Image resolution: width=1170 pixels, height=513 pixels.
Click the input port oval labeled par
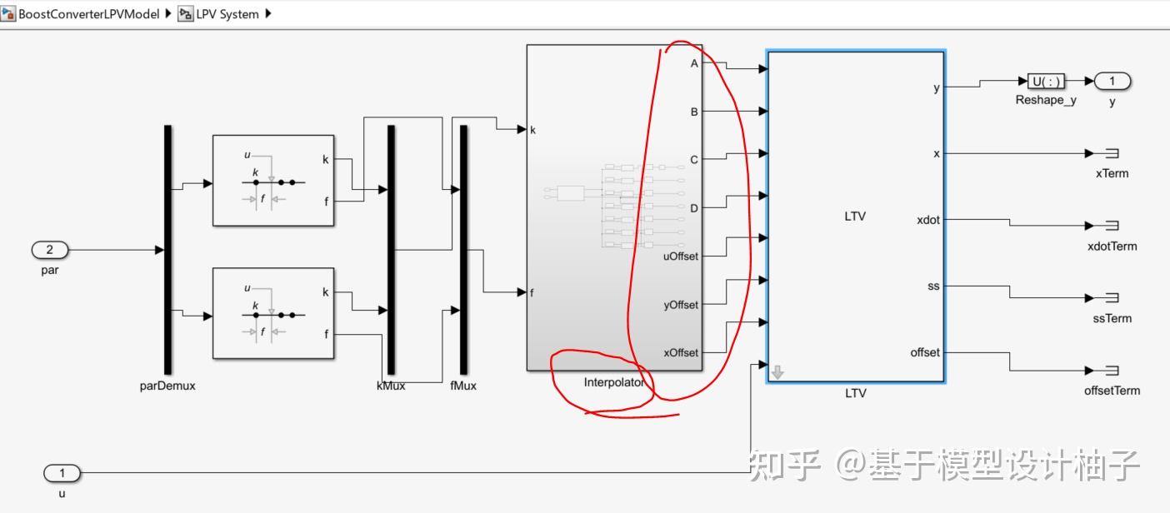point(50,249)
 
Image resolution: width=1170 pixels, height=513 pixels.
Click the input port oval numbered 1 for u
point(62,474)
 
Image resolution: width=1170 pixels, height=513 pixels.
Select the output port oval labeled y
point(1112,81)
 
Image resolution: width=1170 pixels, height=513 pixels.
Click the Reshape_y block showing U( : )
point(1046,81)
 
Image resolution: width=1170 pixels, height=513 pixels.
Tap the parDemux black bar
point(167,250)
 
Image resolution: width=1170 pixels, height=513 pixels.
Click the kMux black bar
point(390,250)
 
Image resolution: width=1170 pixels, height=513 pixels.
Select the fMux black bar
point(463,250)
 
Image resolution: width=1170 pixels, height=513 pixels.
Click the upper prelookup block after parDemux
point(273,180)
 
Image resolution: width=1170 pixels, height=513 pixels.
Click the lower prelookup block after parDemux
point(273,313)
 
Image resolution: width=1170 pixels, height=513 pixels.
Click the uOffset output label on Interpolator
point(680,256)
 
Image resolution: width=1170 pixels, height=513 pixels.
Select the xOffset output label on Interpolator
point(680,352)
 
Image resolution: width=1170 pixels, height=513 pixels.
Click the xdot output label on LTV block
point(927,219)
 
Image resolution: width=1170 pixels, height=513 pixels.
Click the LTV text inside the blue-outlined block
point(855,217)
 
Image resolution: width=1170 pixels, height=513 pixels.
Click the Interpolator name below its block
point(614,382)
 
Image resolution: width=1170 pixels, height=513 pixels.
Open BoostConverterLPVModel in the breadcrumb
point(88,14)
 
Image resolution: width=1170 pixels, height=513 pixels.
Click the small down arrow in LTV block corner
point(777,373)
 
